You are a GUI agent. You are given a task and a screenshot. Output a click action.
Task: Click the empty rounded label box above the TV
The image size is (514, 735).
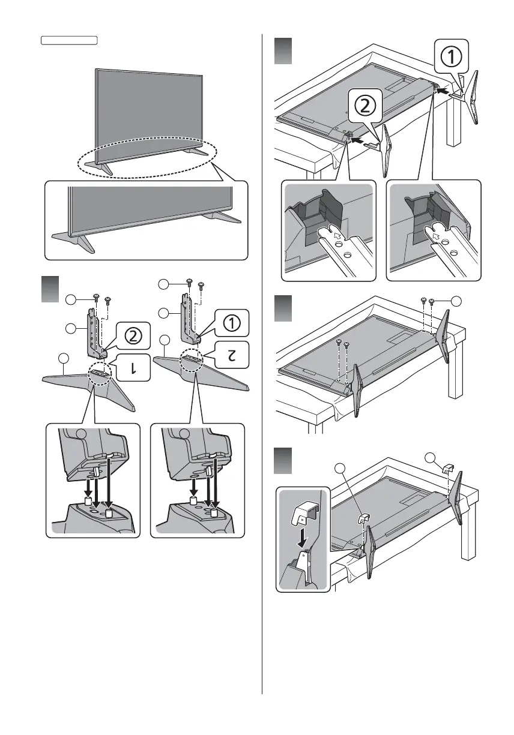coord(69,41)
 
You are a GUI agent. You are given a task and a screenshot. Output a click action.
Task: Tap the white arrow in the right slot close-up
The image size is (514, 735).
coord(435,236)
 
